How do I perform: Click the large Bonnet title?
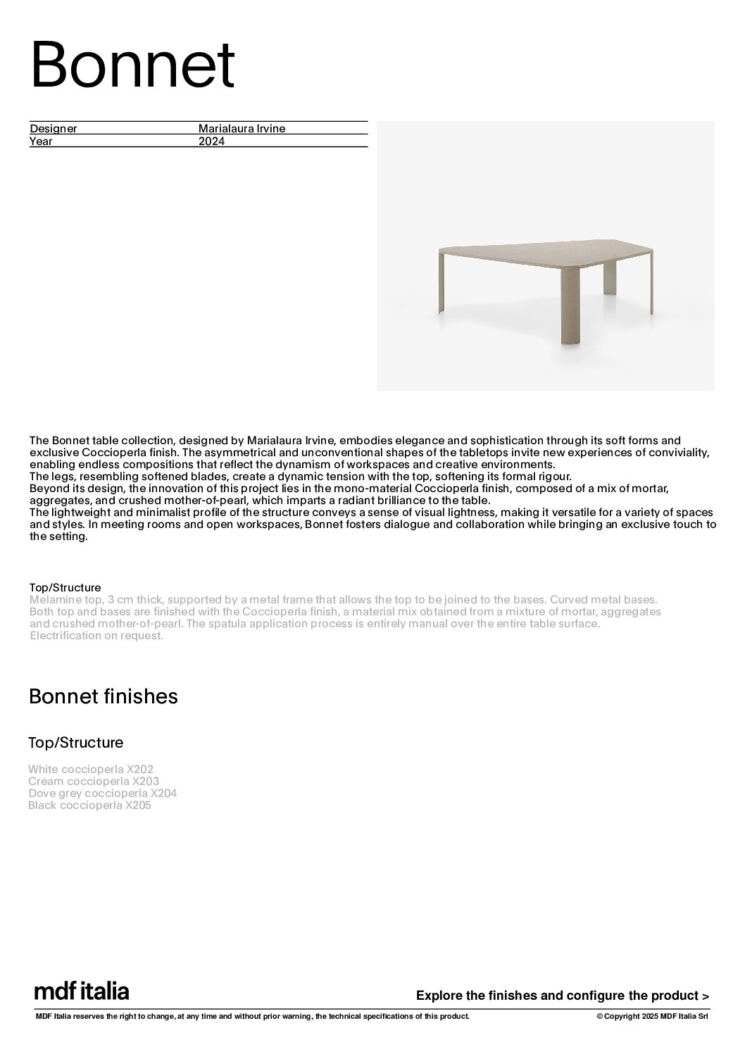132,66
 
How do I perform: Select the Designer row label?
54,129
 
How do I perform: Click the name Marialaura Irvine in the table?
242,129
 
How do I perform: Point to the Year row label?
41,141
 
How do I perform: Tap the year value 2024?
211,141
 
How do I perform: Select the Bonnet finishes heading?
104,696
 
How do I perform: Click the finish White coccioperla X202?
91,770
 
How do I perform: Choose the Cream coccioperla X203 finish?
94,782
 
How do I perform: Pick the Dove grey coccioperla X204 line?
103,793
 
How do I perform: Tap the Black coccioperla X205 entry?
90,805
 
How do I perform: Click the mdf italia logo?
82,991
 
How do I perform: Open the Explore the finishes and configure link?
563,996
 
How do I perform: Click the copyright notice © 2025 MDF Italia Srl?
652,1016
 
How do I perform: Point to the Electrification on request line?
96,636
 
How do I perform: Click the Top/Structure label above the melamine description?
65,588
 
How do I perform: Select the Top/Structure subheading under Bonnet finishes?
76,743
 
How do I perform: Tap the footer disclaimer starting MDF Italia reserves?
252,1016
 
